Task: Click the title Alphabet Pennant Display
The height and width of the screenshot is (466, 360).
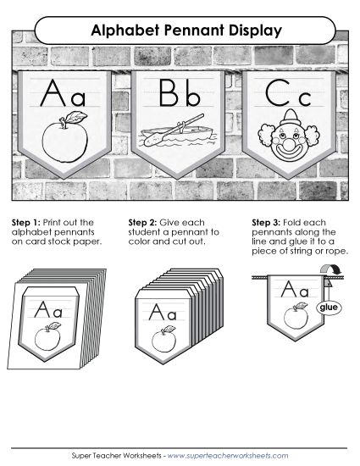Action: click(x=180, y=31)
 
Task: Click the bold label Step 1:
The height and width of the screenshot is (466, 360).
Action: click(x=25, y=223)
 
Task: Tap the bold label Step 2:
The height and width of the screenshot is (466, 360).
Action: click(x=141, y=223)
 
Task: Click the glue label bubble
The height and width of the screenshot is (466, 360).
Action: click(x=327, y=308)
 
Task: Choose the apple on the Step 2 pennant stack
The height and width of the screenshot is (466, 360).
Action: click(x=164, y=341)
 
